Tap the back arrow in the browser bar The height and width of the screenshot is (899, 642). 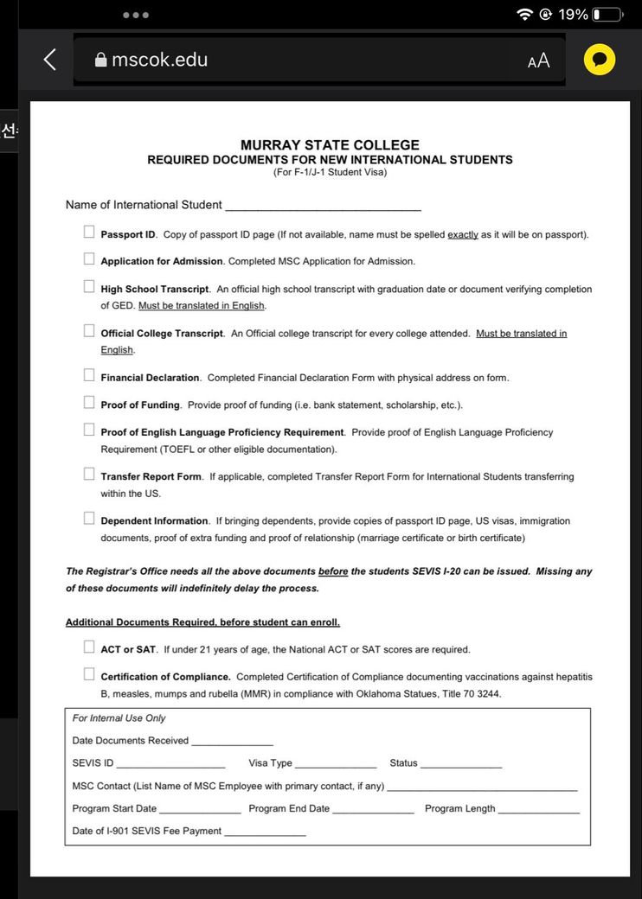49,60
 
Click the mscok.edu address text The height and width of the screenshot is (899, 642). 159,60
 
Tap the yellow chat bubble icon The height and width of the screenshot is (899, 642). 600,60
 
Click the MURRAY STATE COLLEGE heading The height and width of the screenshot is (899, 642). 330,145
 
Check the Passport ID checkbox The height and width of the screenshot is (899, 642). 89,232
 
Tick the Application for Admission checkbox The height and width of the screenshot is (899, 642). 89,258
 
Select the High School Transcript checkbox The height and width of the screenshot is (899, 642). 89,286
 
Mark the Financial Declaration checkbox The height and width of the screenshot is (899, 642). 89,375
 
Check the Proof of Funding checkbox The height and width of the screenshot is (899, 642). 89,402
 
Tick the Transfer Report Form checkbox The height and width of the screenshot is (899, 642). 89,474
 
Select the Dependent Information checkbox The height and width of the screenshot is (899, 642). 89,519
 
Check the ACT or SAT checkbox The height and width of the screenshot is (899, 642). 89,647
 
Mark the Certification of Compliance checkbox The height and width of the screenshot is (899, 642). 89,674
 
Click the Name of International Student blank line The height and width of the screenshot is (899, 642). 323,206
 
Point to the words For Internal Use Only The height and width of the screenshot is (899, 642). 119,718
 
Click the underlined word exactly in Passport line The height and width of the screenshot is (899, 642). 463,235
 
